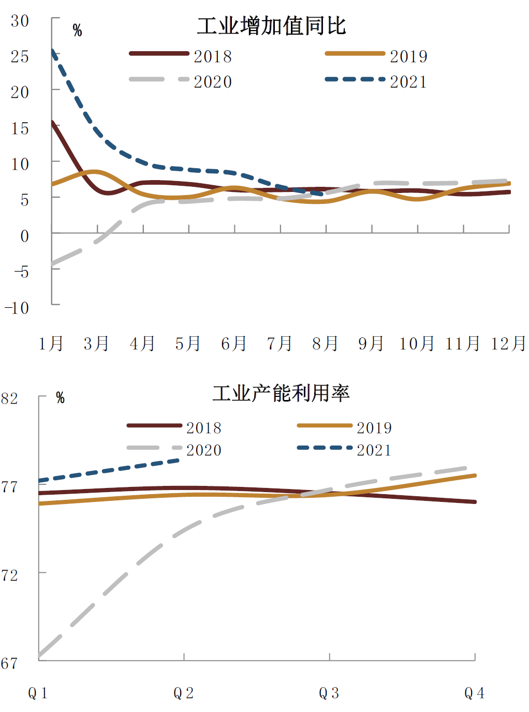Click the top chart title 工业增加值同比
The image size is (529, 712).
271,26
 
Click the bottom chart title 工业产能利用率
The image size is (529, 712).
281,393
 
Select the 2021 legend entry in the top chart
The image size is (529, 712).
408,82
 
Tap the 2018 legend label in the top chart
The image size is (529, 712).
212,56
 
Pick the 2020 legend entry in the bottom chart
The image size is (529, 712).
203,450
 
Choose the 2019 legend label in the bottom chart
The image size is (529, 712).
374,428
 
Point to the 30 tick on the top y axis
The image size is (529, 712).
20,21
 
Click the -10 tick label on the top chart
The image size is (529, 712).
17,308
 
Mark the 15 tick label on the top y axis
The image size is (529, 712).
20,128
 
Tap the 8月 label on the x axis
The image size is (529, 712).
325,344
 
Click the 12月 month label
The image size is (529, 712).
508,344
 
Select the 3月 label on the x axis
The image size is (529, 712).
97,344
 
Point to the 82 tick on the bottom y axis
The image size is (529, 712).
10,398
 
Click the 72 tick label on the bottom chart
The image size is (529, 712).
10,575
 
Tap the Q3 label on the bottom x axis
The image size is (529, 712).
329,693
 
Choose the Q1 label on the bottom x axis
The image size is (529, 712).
38,693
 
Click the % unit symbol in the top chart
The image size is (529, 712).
77,31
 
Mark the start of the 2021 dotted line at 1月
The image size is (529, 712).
53,51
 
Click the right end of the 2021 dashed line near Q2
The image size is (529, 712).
179,460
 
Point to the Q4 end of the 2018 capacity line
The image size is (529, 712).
475,501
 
